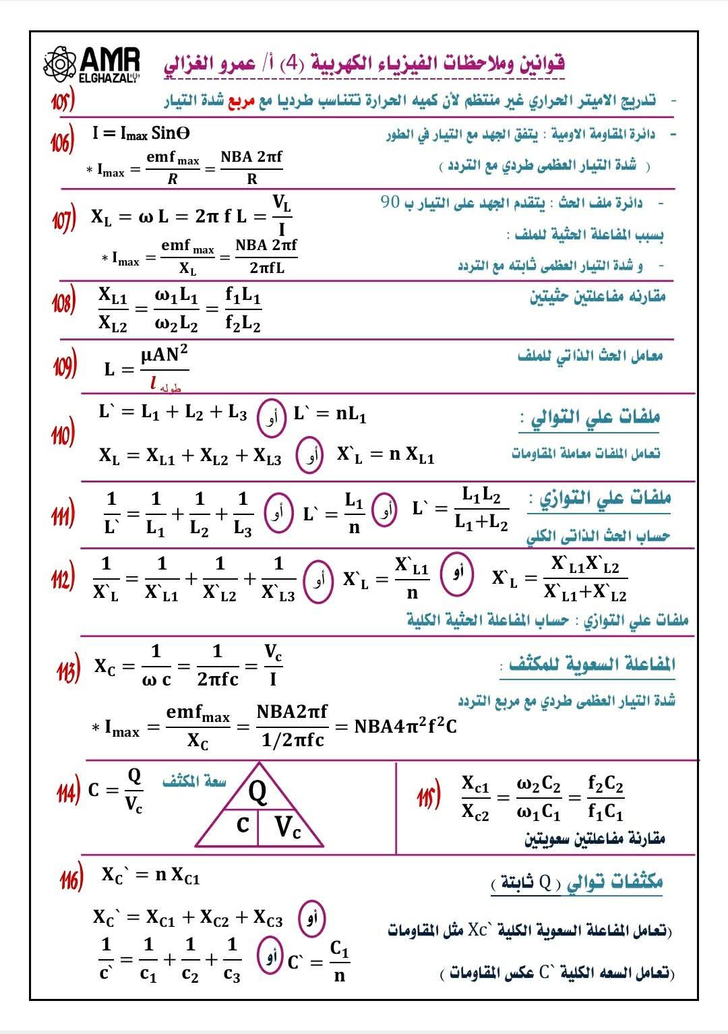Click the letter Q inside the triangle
tap(258, 791)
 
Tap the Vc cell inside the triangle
tap(288, 827)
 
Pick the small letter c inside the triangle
tap(243, 824)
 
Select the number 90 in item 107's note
tap(390, 202)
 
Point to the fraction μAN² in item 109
tap(164, 355)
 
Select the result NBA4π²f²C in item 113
tap(405, 726)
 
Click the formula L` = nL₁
tap(330, 414)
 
